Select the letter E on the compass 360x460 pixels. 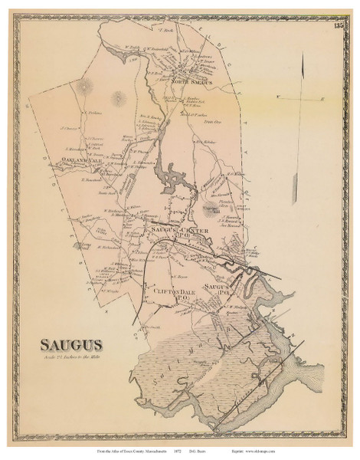click(x=322, y=98)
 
